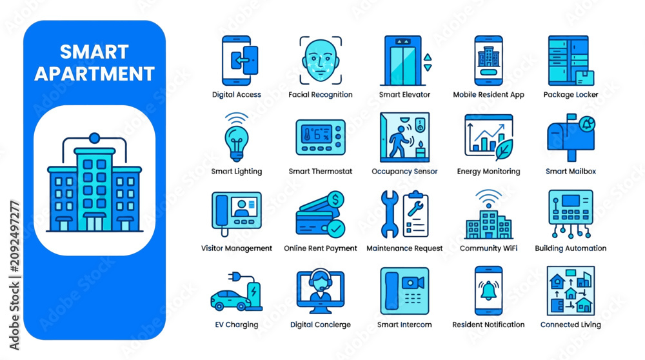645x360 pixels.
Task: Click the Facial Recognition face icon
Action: point(321,61)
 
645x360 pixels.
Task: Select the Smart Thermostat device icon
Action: point(321,137)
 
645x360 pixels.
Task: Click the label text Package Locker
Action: point(571,95)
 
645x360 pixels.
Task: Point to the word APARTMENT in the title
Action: point(95,74)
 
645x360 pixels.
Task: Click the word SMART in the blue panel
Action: point(95,52)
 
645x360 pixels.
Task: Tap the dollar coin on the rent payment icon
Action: point(335,200)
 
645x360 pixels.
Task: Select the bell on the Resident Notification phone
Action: point(488,291)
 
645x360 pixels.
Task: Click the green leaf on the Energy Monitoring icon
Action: point(504,149)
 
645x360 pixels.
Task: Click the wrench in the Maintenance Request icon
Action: point(389,214)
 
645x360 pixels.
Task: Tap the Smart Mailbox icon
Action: point(571,137)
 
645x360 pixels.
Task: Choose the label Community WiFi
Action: point(488,248)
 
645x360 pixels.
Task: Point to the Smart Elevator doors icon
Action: point(403,61)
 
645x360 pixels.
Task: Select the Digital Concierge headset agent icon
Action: point(321,291)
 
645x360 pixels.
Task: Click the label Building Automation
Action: point(571,248)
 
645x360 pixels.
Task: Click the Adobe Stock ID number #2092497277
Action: point(14,237)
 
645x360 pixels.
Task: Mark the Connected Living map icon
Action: point(571,290)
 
